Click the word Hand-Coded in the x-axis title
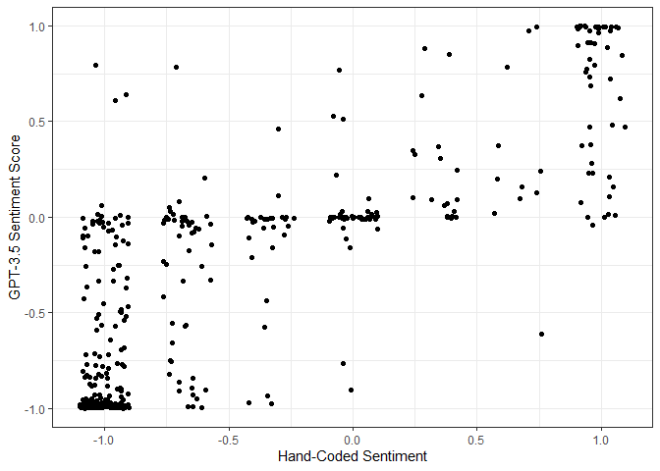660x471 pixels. (x=313, y=456)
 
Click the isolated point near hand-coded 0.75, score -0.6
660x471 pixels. (x=541, y=334)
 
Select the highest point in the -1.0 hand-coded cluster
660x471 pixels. (x=95, y=65)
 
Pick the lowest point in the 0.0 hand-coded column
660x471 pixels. (x=351, y=390)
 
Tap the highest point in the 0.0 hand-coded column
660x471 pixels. (x=339, y=70)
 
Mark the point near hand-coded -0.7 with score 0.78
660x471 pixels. (x=176, y=67)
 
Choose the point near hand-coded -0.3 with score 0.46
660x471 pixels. (x=278, y=129)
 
